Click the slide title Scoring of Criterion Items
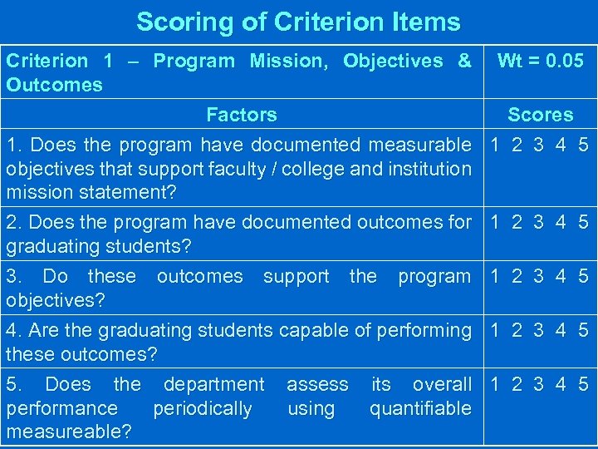click(x=298, y=22)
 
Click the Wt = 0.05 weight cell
click(x=540, y=61)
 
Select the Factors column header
click(x=241, y=115)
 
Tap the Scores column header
click(x=540, y=115)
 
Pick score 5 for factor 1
click(x=583, y=145)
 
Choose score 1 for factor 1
click(x=496, y=145)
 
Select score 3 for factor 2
click(x=539, y=222)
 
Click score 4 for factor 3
click(x=561, y=276)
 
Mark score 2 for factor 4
click(x=517, y=330)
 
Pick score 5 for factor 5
click(x=583, y=384)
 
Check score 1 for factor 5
click(x=496, y=384)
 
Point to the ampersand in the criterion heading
click(x=464, y=61)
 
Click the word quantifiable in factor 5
click(x=420, y=408)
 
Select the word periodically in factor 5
click(x=203, y=408)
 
